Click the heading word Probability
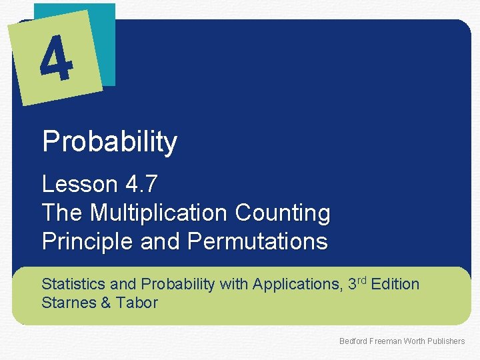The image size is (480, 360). pos(109,142)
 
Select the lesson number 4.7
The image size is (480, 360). pos(141,184)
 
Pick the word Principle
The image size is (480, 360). pos(88,241)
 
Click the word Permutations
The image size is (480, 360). pos(258,241)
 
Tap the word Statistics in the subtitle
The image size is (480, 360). pos(73,284)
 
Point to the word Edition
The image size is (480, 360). pos(395,284)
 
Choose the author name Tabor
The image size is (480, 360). pos(136,303)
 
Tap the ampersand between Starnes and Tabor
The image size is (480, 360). pos(105,303)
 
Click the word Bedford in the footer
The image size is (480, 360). pos(353,341)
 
